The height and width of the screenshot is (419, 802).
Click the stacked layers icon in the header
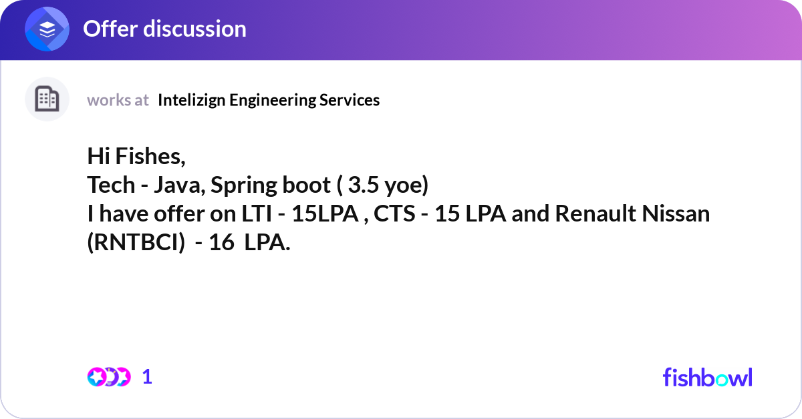[47, 29]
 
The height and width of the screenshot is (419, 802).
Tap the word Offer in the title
[110, 29]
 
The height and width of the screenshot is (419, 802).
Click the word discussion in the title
[194, 29]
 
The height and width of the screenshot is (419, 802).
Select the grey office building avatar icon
[47, 99]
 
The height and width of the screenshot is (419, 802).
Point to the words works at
[118, 100]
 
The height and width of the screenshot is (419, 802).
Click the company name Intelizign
[192, 101]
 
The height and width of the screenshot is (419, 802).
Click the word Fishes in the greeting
[150, 156]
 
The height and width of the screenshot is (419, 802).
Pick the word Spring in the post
[243, 186]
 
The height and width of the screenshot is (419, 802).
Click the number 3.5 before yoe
[363, 185]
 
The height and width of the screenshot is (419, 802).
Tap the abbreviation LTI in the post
[257, 214]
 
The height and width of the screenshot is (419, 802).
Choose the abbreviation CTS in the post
[394, 214]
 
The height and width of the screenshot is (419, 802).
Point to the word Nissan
[676, 214]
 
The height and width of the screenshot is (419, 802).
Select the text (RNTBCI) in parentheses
[136, 243]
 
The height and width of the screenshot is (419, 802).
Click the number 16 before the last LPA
[222, 243]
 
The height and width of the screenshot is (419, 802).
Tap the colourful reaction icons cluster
[109, 377]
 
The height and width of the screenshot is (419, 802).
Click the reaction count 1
[147, 377]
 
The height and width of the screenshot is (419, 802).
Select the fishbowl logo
[708, 377]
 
